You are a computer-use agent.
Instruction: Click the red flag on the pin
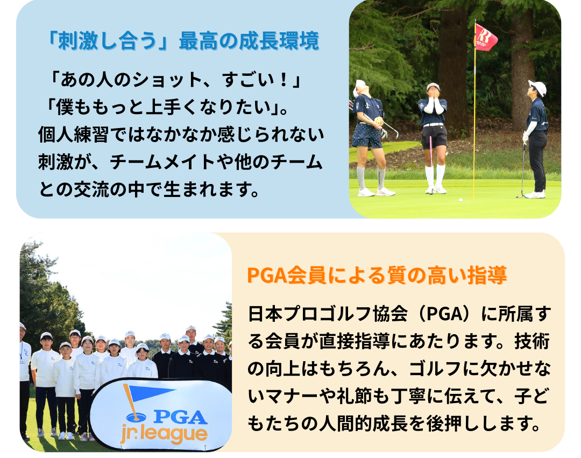coord(485,37)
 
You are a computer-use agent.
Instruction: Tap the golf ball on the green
coord(460,200)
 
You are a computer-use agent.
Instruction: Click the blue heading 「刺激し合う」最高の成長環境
coord(182,41)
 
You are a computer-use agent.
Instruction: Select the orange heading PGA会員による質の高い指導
coord(377,276)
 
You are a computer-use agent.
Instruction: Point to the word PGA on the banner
coord(180,417)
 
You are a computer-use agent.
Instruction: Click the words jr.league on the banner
coord(164,435)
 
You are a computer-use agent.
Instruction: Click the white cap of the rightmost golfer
coord(538,87)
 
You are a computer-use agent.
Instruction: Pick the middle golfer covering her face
coord(434,138)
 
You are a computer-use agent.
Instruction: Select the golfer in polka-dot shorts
coord(369,138)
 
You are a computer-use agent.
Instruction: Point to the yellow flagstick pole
coord(474,111)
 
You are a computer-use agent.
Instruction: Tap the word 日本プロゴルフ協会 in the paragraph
coord(328,313)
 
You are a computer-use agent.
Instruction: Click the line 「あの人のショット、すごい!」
coord(175,80)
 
